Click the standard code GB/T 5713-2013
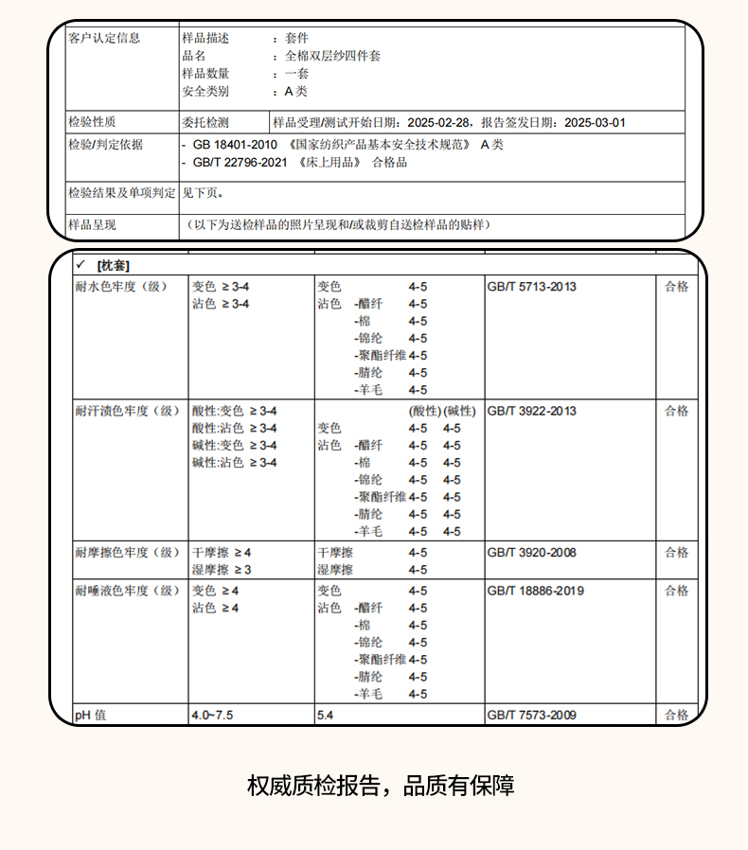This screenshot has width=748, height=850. [x=531, y=286]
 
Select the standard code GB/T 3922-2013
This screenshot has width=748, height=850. [x=531, y=411]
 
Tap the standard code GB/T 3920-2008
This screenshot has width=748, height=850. [x=531, y=552]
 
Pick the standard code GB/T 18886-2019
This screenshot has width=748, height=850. [x=535, y=591]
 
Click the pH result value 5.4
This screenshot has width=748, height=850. [x=326, y=715]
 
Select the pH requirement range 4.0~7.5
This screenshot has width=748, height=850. [x=213, y=715]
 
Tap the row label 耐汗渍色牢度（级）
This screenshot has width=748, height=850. [x=127, y=411]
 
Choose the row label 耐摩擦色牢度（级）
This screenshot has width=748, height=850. [x=127, y=552]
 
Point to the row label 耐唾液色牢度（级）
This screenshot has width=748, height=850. [x=127, y=591]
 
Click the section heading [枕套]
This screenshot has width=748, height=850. [x=113, y=264]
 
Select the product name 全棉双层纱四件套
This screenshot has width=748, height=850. [x=332, y=56]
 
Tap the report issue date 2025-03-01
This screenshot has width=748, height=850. [x=595, y=122]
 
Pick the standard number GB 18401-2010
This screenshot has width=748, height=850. [x=235, y=145]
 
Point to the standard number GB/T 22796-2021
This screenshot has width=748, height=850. [x=240, y=162]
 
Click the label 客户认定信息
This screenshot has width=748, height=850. [x=104, y=38]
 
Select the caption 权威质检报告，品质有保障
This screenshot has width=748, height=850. [x=381, y=786]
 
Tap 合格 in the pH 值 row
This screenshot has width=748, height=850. [x=676, y=715]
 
